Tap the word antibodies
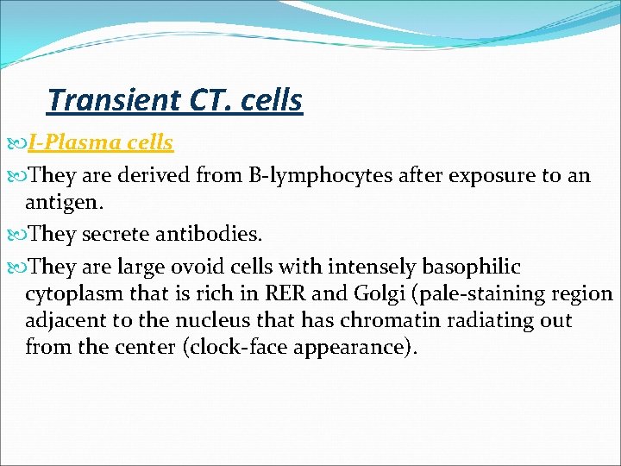coord(210,234)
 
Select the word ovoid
coord(204,266)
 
